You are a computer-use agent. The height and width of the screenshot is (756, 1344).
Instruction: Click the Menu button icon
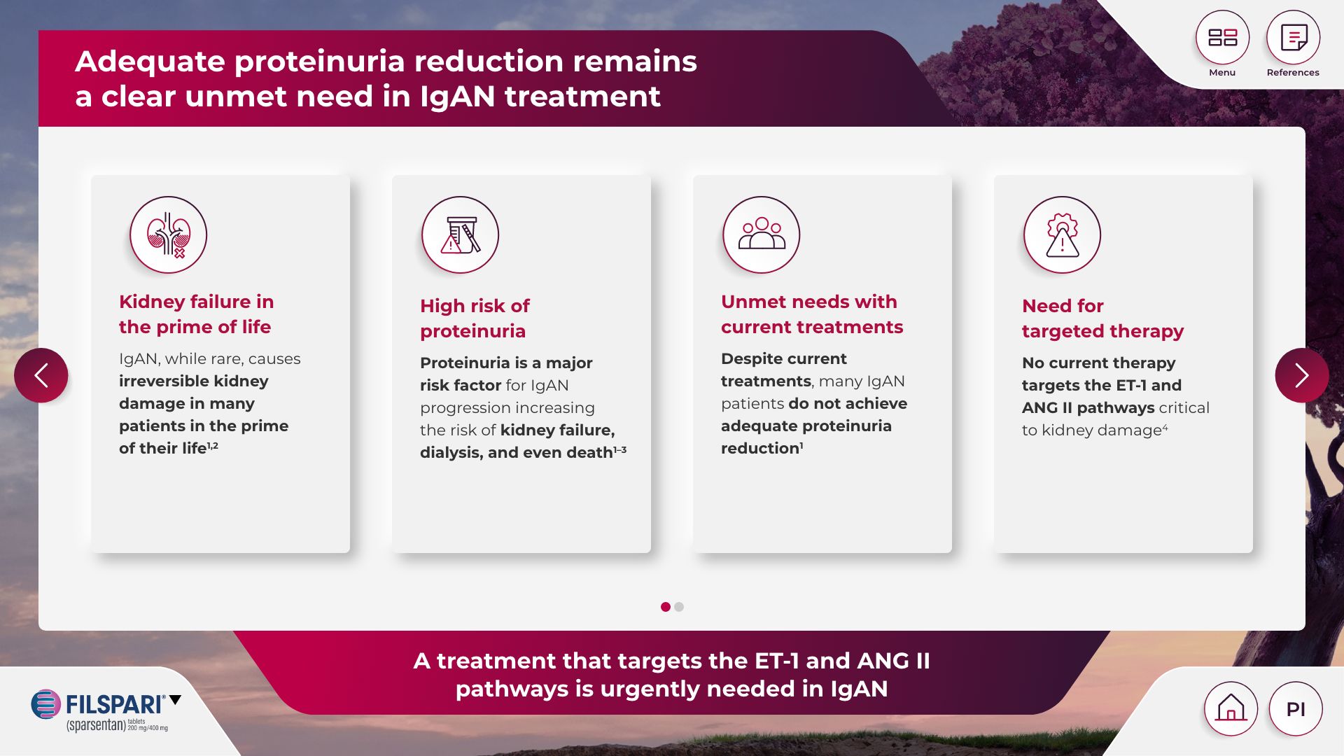(1222, 37)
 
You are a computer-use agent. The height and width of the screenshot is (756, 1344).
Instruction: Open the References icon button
(1293, 37)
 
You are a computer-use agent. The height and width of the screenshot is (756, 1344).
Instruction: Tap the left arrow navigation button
(41, 375)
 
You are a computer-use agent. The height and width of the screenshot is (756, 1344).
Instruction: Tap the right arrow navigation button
(1302, 375)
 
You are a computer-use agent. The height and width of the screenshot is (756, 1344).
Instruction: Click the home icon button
(1231, 708)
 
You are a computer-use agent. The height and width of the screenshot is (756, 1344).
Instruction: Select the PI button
(1296, 708)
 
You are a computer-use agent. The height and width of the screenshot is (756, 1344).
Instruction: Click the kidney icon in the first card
(168, 234)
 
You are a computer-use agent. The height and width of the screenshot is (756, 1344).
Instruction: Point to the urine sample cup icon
(460, 234)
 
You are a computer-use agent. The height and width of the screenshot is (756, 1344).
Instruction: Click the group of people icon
(761, 234)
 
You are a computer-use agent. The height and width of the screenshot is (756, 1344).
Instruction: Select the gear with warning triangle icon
(1062, 234)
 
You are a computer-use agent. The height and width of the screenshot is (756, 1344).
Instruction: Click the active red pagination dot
(666, 607)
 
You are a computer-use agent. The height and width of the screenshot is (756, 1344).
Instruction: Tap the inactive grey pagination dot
(679, 607)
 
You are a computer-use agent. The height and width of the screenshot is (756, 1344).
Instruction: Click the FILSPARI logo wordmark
(115, 704)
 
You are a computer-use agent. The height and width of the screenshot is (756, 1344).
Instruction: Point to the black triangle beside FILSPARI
(175, 699)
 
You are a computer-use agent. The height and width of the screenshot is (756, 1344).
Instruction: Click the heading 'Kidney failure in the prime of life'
(196, 314)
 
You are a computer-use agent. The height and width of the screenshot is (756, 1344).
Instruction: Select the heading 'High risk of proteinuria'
(475, 318)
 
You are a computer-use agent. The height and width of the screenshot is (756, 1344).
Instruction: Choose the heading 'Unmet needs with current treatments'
(812, 314)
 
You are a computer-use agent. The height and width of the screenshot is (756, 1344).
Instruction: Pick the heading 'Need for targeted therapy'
(1102, 318)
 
